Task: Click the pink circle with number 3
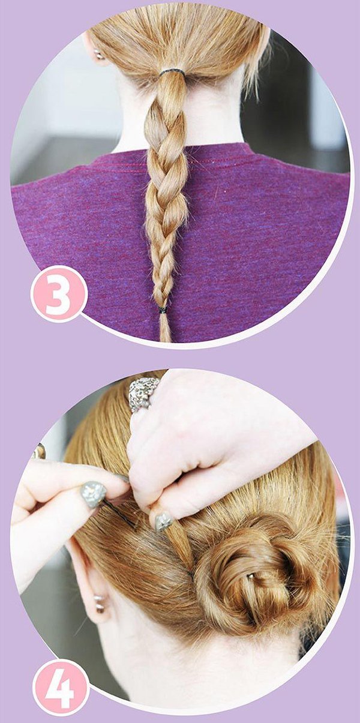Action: pos(59,293)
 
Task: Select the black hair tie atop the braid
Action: pos(172,72)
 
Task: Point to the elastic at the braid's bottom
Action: pos(163,310)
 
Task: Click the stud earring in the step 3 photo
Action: pos(97,53)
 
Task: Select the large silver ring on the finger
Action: pos(143,395)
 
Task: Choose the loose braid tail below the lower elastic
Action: pos(165,328)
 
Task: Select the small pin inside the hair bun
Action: pos(250,575)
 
